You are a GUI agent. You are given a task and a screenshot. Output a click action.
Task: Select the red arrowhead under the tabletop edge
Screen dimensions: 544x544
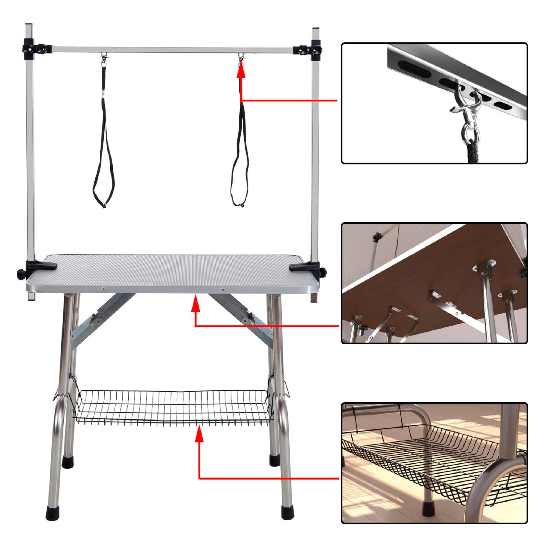click(x=195, y=304)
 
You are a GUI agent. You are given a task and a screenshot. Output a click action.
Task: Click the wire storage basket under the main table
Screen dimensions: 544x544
click(x=172, y=406)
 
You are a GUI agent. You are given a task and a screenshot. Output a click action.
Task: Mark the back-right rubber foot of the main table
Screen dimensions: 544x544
click(x=274, y=460)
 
